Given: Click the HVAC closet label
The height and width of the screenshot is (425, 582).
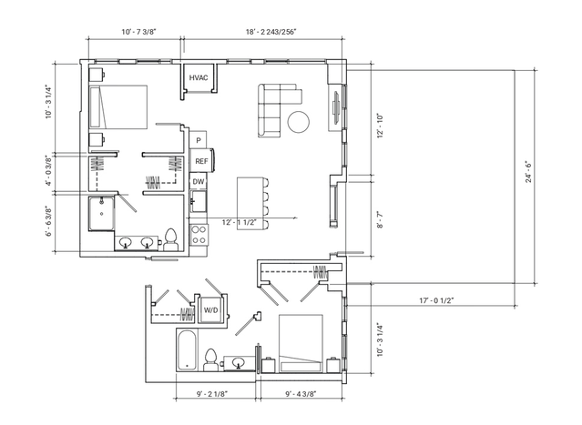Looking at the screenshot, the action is [199, 78].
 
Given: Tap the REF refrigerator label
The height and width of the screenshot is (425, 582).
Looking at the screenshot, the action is [201, 161].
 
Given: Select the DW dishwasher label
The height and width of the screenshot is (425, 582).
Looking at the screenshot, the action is [199, 182].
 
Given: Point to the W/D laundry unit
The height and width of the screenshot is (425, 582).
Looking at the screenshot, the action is [210, 310].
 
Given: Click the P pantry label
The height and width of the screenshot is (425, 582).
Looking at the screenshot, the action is [199, 140].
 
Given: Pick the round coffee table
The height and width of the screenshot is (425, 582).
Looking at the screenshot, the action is [299, 122].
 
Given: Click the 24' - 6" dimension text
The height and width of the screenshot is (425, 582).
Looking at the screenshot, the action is [528, 172].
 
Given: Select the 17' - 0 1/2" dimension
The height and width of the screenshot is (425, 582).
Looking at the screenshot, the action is [436, 300].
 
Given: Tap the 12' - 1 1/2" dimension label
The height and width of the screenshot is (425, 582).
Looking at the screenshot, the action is [240, 223].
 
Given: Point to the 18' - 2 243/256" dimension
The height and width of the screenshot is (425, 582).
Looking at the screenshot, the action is [271, 32].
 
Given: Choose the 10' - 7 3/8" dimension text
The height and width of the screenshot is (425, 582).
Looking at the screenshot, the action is [138, 32].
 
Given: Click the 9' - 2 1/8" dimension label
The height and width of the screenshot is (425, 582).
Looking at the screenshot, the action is [212, 394].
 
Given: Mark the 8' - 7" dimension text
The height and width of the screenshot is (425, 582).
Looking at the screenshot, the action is [380, 219].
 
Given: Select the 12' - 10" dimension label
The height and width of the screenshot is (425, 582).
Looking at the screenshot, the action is [380, 126].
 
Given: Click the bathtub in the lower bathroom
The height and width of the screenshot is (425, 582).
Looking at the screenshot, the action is [187, 349].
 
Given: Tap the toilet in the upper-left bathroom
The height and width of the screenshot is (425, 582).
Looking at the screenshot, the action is [171, 240].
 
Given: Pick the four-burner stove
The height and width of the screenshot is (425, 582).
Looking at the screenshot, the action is [199, 235].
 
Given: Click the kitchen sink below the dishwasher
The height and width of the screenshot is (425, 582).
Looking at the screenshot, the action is [199, 201].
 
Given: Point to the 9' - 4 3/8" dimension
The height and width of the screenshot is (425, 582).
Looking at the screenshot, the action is [301, 394].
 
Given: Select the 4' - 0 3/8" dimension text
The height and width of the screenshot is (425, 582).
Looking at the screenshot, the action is [49, 171].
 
